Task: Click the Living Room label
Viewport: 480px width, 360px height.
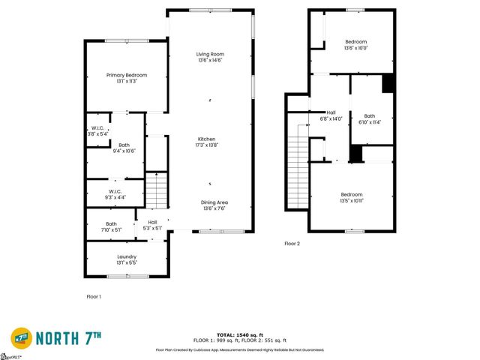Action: tap(210, 54)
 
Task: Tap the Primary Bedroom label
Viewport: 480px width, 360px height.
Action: tap(126, 75)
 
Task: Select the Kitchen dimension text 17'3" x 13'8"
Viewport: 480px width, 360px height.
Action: tap(207, 145)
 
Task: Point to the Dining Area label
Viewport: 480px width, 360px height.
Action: tap(214, 202)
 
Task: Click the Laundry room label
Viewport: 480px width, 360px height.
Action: tap(126, 257)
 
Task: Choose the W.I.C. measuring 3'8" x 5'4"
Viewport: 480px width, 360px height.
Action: tap(98, 128)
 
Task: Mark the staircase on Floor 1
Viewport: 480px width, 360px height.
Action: tap(155, 190)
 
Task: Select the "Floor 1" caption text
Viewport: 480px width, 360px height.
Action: tap(94, 297)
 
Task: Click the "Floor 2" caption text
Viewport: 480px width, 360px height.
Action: tap(292, 244)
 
